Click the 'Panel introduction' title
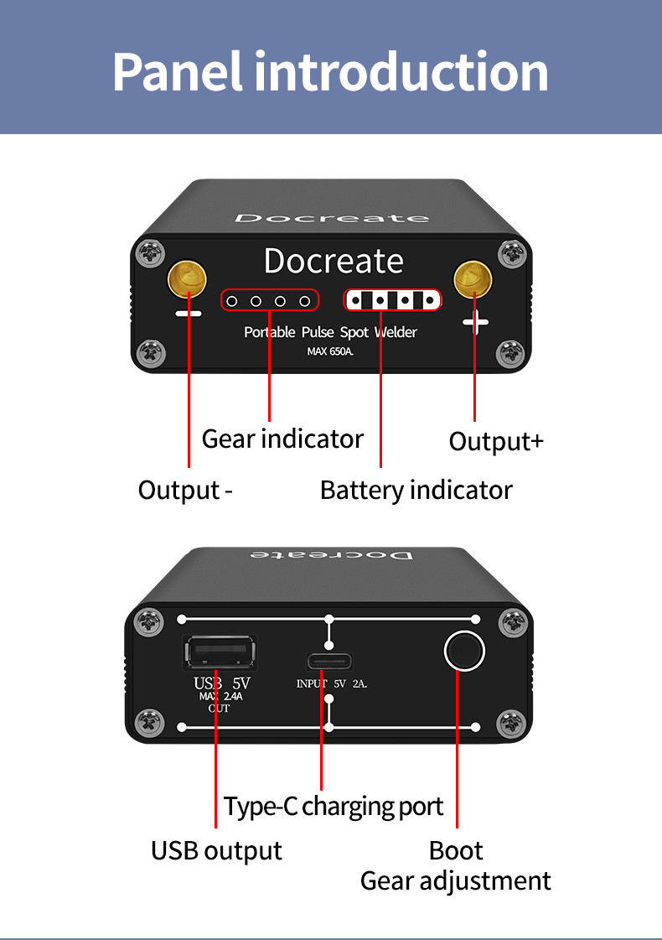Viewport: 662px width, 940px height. tap(330, 72)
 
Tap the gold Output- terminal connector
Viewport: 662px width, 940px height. tap(187, 278)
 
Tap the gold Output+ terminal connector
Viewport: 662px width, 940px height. tap(473, 278)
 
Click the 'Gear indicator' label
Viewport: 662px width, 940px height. tap(282, 439)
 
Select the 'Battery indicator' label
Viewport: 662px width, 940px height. tap(416, 491)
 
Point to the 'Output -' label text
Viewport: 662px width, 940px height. tap(185, 491)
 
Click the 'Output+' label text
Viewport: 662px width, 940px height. tap(496, 442)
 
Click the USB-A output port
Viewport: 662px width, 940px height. tap(220, 652)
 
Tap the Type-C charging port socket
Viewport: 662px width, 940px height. tap(328, 662)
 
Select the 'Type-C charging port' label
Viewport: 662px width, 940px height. tap(334, 807)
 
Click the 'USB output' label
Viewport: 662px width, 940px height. tap(216, 850)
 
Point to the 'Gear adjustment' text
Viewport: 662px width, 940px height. tap(455, 881)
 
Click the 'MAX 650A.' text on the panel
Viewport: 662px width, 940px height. tap(330, 351)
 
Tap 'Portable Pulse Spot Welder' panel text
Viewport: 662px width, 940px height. tap(330, 332)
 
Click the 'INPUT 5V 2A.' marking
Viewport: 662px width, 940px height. tap(332, 683)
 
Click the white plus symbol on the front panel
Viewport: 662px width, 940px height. tap(476, 323)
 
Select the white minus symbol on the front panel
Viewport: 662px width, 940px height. tap(188, 314)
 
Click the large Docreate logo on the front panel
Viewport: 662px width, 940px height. tap(334, 262)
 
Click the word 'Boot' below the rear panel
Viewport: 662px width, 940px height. tap(456, 850)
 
